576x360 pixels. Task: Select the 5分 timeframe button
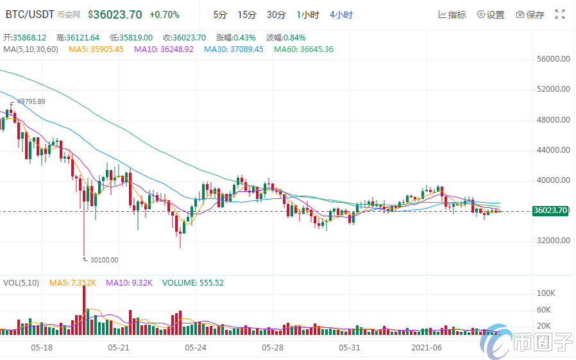[x=220, y=15]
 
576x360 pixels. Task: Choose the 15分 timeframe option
[x=246, y=15]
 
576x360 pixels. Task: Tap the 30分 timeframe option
[x=276, y=15]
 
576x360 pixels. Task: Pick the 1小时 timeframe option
[x=307, y=15]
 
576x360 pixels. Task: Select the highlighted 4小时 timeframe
[x=341, y=15]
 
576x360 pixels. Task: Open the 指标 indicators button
[x=452, y=15]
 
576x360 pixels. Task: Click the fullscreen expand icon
[x=560, y=14]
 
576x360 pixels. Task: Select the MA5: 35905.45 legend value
[x=96, y=49]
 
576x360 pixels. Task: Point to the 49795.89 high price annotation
[x=31, y=101]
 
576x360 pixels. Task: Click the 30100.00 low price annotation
[x=103, y=260]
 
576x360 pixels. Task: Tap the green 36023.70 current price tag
[x=550, y=210]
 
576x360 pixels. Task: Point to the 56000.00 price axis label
[x=553, y=59]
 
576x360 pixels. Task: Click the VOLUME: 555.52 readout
[x=192, y=282]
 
